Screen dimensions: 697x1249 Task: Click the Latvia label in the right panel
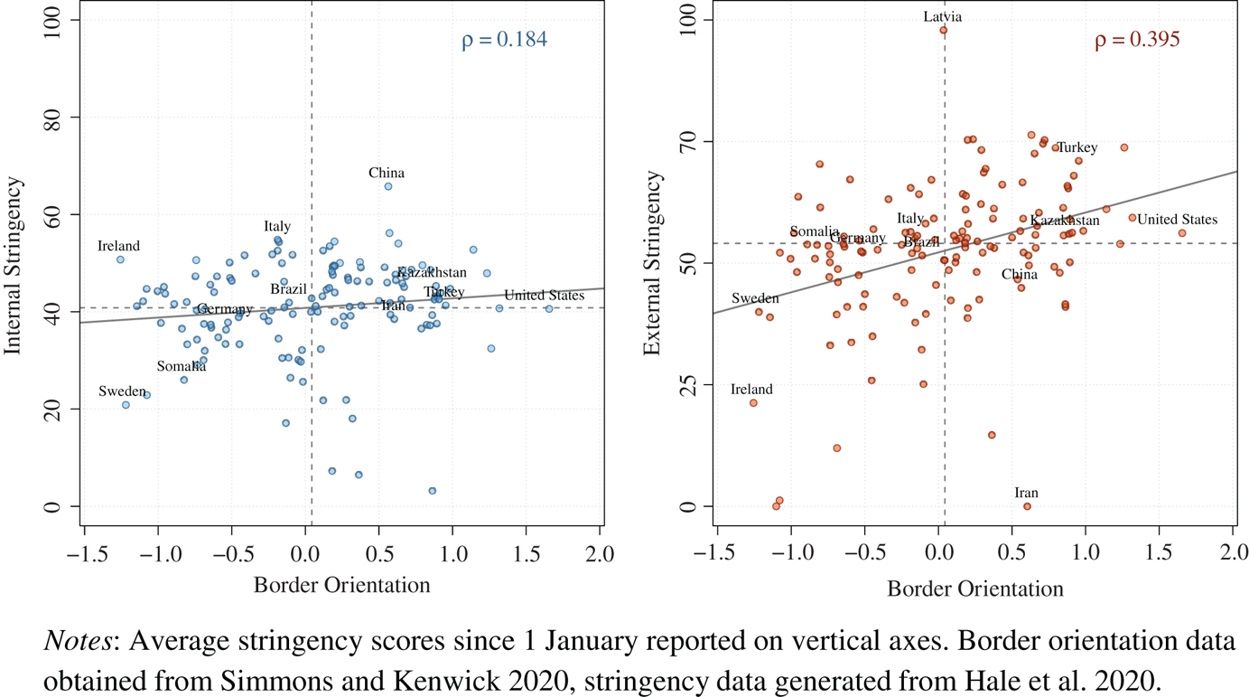(x=943, y=16)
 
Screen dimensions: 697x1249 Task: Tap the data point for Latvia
(x=943, y=30)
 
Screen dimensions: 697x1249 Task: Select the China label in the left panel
(x=387, y=173)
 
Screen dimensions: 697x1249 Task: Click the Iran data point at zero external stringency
(x=1027, y=506)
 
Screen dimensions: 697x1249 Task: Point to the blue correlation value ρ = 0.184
(x=504, y=40)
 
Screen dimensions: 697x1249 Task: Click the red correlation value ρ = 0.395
(x=1137, y=40)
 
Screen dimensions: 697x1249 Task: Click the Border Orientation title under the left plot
(x=341, y=585)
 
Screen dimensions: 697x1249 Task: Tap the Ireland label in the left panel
(x=118, y=246)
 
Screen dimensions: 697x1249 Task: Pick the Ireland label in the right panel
(x=751, y=390)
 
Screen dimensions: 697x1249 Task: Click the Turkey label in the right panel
(x=1077, y=147)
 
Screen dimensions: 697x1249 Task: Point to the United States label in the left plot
(x=544, y=295)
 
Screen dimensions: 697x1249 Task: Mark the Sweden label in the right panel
(x=754, y=298)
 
